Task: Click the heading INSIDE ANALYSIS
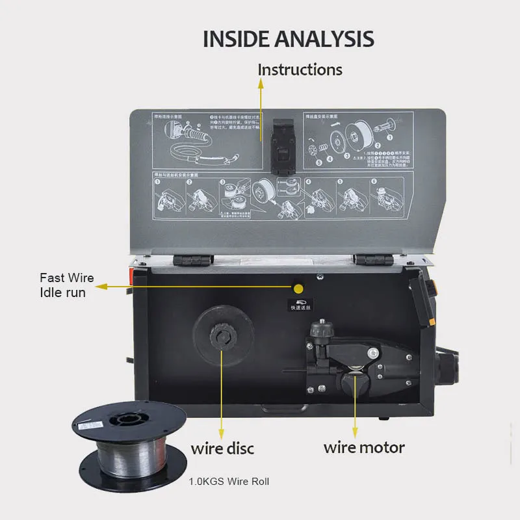pos(288,38)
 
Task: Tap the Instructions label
pos(300,69)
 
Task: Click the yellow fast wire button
pos(299,287)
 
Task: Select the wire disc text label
pos(222,448)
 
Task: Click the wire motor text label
pos(364,447)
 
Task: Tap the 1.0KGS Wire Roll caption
pos(228,482)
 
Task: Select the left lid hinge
pos(193,259)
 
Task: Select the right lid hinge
pos(374,259)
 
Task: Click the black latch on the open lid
pos(283,146)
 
